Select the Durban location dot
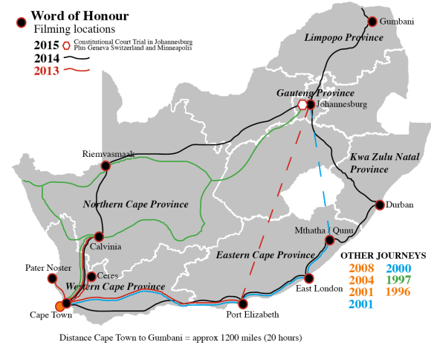379,205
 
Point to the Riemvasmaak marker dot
106,166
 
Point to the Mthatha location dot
330,240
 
